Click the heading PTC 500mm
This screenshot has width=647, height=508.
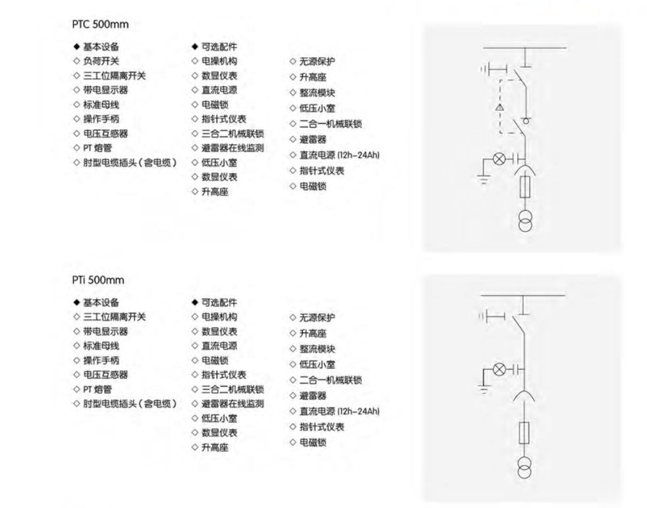[100, 24]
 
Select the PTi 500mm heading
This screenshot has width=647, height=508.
[98, 280]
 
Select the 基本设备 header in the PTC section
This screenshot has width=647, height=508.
[101, 47]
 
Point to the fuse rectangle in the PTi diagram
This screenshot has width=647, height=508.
[525, 433]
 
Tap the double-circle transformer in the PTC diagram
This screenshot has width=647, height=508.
[525, 221]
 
